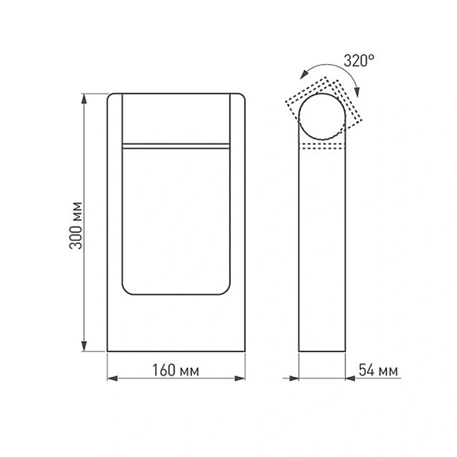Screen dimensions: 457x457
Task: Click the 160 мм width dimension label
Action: click(x=175, y=371)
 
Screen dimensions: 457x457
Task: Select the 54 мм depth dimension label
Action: click(x=379, y=371)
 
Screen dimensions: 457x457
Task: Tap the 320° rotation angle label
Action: click(x=359, y=61)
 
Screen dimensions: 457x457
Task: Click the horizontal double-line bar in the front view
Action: click(x=175, y=144)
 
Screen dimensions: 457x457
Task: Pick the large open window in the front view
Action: click(x=175, y=221)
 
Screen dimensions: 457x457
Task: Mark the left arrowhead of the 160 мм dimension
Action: click(x=111, y=378)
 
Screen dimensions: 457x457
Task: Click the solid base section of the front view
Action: click(x=175, y=324)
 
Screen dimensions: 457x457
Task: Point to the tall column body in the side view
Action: click(x=324, y=251)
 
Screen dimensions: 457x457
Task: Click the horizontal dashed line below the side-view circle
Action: click(x=324, y=146)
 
